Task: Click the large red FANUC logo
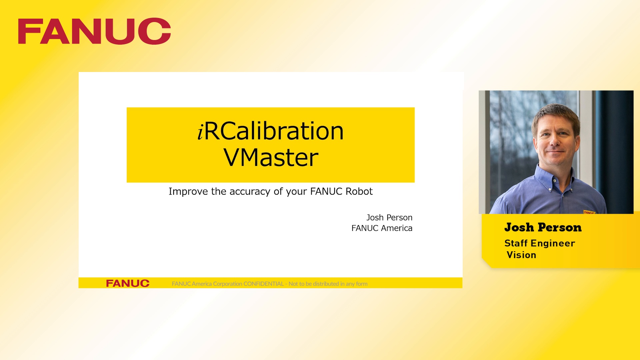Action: tap(94, 31)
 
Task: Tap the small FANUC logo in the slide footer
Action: tap(128, 283)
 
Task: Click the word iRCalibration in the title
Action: tap(271, 131)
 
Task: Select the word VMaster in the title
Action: tap(271, 157)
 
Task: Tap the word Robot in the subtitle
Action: tap(359, 191)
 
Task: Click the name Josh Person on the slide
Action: tap(389, 218)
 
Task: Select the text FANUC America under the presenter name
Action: tap(382, 228)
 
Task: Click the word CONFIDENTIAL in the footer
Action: tap(263, 284)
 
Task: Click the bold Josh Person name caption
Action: tap(543, 227)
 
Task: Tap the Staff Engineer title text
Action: tap(540, 243)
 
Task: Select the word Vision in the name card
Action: tap(521, 255)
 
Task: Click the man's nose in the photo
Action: tap(555, 142)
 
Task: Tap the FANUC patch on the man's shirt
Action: tap(589, 212)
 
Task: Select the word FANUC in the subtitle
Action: tap(326, 191)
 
